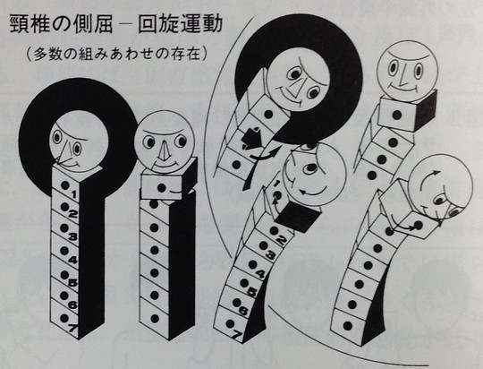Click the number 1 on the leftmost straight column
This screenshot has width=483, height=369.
coord(73,194)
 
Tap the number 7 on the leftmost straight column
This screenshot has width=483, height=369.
coord(72,328)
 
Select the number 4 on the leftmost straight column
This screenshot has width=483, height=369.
coord(73,260)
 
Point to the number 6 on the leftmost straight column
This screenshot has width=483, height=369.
coord(72,305)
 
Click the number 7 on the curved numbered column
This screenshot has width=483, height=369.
coord(235,335)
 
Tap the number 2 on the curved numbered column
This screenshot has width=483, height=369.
coord(280,240)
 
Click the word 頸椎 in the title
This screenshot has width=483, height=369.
coord(30,24)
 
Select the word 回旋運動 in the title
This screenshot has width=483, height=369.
coord(180,24)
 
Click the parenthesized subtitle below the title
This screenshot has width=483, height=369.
coord(116,55)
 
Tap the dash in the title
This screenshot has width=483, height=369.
coord(124,24)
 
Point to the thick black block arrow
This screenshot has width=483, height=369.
coord(252,137)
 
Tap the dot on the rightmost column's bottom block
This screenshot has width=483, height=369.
coord(347,325)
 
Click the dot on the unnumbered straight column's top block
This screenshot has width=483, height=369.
coord(161,187)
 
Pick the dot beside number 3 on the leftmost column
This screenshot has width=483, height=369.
coord(64,228)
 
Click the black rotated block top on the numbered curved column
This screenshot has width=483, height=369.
coord(298,217)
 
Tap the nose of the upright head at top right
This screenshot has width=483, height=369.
coord(402,74)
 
